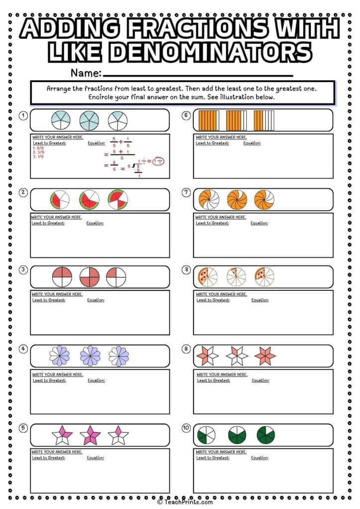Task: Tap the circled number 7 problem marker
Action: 186,192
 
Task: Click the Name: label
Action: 86,73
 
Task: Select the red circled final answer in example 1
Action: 159,160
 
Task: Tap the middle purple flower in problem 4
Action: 90,356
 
